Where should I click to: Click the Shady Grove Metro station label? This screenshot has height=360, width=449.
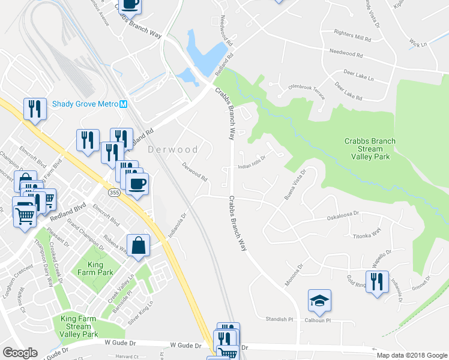tap(85, 104)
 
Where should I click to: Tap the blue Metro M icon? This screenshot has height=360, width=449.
tap(124, 104)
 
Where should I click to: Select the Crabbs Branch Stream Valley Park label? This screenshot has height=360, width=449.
tap(370, 149)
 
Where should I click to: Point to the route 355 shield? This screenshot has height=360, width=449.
tap(114, 193)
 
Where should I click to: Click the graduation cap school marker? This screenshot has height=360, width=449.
tap(319, 302)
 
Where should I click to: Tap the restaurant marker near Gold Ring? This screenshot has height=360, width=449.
tap(376, 282)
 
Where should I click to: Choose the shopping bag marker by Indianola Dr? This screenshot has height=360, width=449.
tap(138, 245)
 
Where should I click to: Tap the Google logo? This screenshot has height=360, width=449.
tap(20, 353)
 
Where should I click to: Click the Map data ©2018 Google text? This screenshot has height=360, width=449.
tap(411, 355)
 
